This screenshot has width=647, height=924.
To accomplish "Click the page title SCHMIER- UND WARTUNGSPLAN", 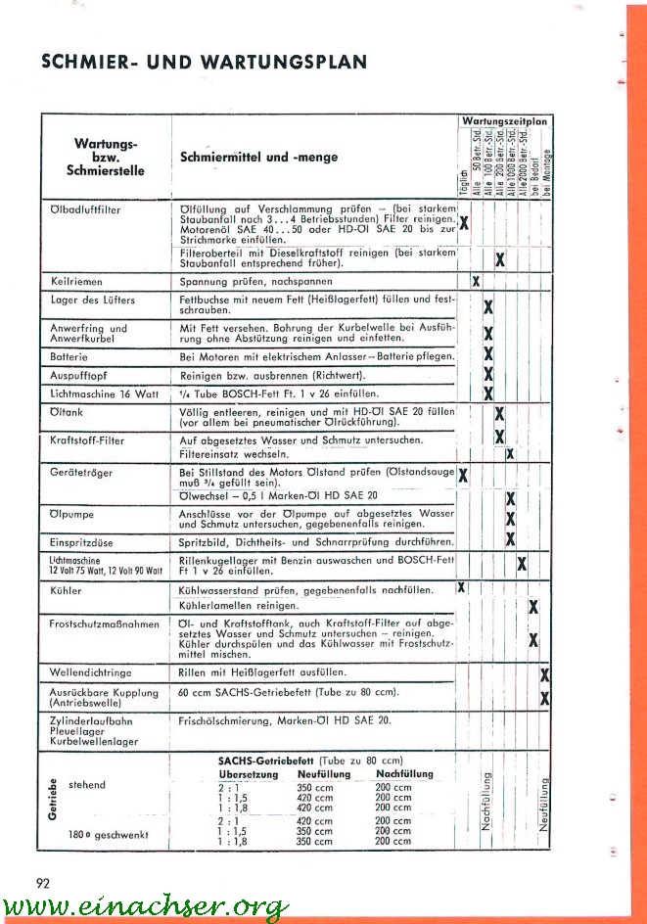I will (204, 63).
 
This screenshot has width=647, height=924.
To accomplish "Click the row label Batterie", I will (69, 357).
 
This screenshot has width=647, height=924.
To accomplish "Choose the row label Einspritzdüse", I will (80, 541).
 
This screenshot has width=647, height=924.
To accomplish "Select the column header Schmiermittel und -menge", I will (259, 157).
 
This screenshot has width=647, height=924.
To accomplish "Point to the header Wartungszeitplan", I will (504, 120).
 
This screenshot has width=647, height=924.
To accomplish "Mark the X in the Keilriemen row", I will (476, 282).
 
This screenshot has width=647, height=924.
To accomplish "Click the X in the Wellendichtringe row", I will (544, 674).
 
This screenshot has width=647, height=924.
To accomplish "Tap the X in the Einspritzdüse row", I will (510, 539).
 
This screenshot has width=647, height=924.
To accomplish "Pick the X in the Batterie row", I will (487, 354).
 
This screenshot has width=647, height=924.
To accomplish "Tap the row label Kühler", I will (66, 591).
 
